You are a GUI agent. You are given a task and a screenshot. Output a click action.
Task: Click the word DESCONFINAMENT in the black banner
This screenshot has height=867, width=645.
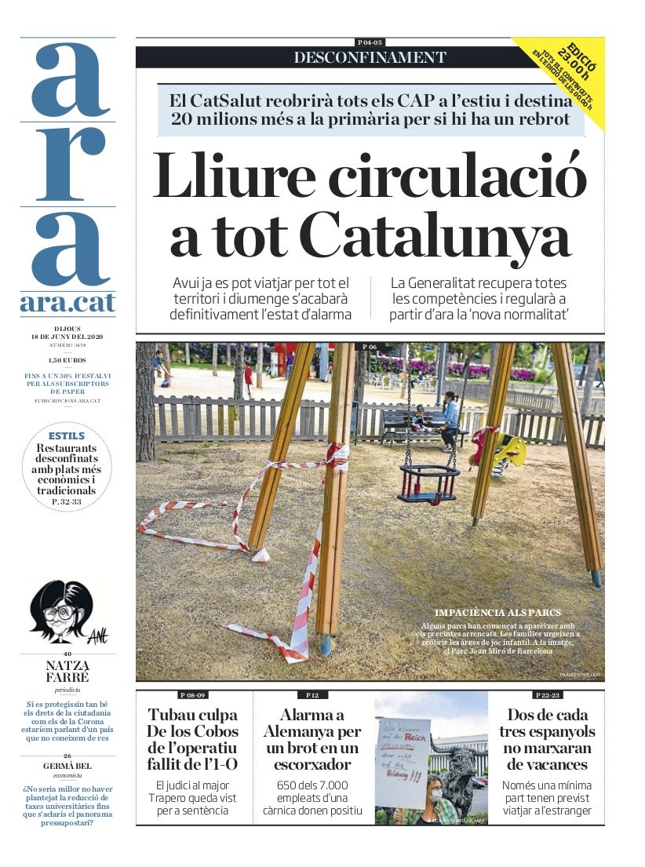[370, 57]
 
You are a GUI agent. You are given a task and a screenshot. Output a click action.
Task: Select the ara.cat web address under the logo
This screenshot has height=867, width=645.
[67, 304]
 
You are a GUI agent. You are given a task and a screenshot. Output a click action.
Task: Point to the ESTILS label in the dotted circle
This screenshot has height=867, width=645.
[67, 435]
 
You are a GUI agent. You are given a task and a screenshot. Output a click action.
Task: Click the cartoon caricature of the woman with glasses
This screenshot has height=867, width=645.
[60, 611]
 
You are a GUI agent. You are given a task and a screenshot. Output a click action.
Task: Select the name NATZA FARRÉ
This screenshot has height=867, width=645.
[67, 672]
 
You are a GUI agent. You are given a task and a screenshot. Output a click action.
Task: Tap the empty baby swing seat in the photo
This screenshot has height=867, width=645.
[428, 483]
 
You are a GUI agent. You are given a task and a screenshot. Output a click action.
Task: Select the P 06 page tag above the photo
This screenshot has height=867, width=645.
[370, 346]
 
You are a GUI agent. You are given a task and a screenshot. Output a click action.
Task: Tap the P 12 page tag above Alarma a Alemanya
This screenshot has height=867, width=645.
[312, 695]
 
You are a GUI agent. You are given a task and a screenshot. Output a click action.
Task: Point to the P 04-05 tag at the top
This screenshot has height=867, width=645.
[370, 42]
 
